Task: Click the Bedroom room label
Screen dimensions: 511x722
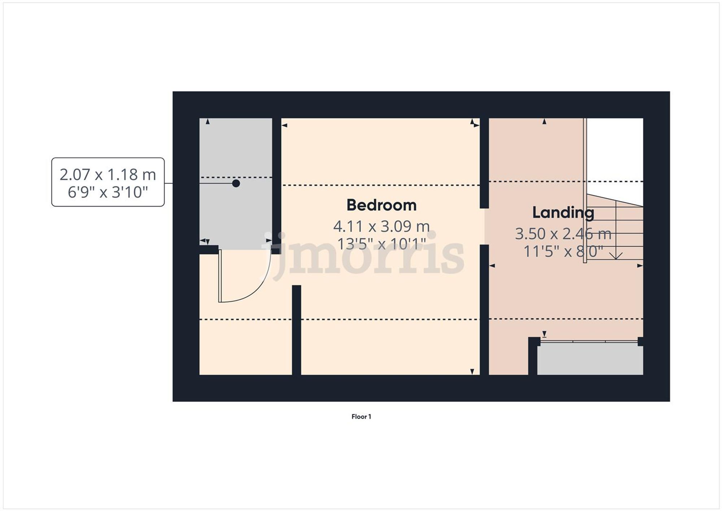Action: (x=382, y=205)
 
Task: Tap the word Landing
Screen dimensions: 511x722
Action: (x=563, y=212)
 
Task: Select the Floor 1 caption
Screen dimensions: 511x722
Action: (x=361, y=416)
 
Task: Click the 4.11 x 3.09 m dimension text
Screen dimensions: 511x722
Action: (x=382, y=226)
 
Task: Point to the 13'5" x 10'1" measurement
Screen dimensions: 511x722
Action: (x=382, y=244)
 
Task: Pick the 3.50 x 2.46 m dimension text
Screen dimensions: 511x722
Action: (x=563, y=234)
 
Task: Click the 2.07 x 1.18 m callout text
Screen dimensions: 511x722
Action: (x=108, y=174)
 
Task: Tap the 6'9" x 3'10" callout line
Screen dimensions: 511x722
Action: (x=108, y=192)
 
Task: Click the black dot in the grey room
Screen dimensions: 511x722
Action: (x=236, y=183)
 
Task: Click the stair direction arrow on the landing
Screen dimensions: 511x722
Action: (x=616, y=255)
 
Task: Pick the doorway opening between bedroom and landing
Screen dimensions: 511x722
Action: (x=484, y=226)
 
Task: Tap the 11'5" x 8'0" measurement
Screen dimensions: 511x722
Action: (x=563, y=251)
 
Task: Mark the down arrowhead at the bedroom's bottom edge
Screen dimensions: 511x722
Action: (x=472, y=372)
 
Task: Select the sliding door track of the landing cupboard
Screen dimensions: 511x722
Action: (x=589, y=341)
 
